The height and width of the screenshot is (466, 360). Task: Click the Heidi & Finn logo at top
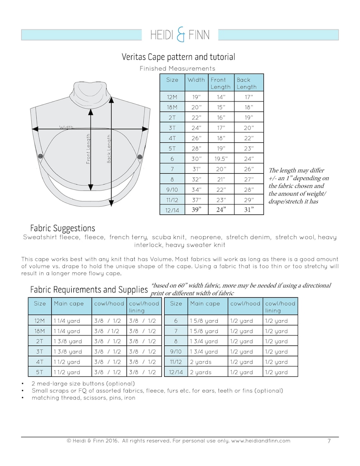point(180,34)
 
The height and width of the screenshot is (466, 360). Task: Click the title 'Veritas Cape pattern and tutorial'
point(178,57)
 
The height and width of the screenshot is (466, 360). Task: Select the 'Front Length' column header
point(220,83)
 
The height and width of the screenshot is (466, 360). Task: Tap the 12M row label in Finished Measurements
point(172,97)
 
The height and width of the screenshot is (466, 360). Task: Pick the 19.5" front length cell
point(220,159)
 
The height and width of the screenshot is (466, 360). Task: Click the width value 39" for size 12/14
point(196,210)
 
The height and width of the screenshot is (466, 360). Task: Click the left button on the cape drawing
point(40,156)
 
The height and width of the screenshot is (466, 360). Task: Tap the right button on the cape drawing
point(139,156)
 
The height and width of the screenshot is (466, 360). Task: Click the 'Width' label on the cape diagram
point(66,128)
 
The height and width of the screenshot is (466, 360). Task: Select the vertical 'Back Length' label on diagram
point(109,149)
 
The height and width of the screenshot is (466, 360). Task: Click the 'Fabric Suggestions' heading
point(63,228)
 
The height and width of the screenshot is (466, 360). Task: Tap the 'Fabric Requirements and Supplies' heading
point(89,289)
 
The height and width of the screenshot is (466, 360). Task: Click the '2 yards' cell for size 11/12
point(201,362)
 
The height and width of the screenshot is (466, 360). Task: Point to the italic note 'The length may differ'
point(296,170)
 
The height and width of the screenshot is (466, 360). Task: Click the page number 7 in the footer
point(329,441)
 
